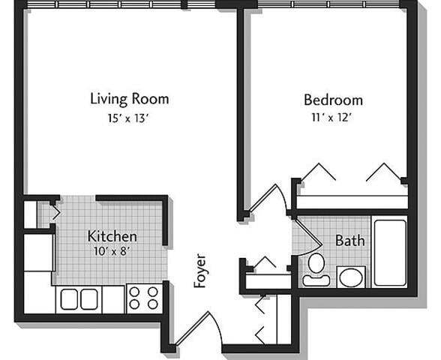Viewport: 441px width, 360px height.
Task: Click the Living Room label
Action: click(129, 98)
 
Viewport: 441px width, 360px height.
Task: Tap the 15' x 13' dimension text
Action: click(129, 117)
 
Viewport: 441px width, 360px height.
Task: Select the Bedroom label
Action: click(333, 99)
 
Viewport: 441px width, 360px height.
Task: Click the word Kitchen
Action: click(112, 235)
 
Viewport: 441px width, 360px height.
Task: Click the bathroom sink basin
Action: click(350, 277)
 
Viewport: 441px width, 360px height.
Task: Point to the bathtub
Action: click(390, 252)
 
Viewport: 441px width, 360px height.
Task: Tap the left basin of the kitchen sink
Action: click(70, 299)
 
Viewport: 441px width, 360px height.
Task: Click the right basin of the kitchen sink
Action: click(90, 299)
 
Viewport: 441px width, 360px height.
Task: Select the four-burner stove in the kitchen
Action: click(143, 298)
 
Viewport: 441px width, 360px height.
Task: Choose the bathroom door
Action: click(303, 238)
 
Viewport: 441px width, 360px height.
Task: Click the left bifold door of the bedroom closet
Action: click(316, 171)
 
